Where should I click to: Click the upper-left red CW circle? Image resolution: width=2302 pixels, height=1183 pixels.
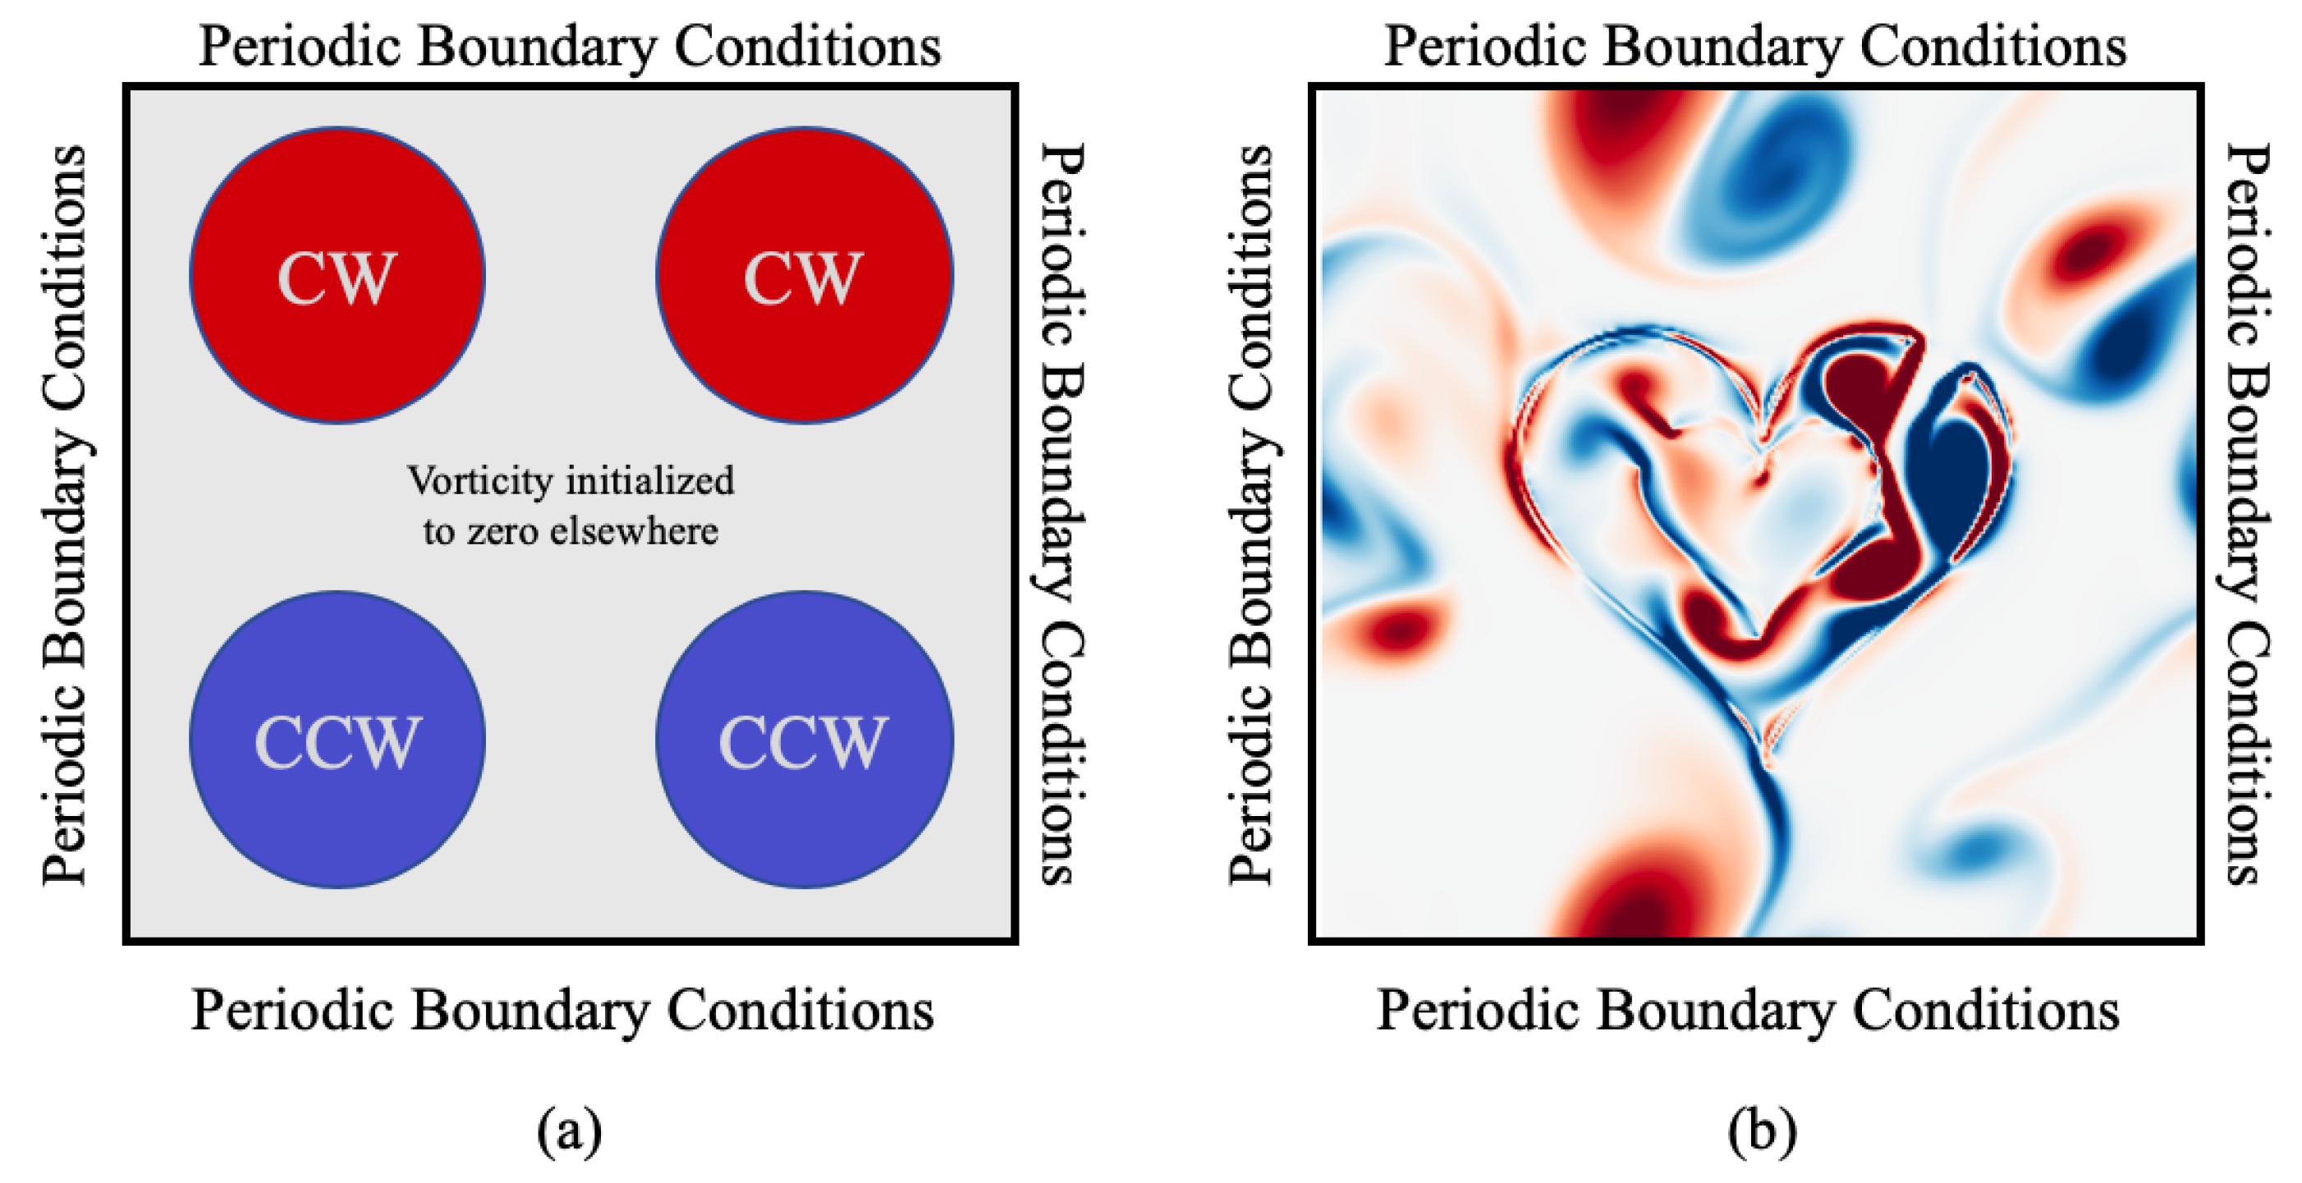click(x=337, y=275)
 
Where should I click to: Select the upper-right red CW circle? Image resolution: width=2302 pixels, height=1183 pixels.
click(x=805, y=275)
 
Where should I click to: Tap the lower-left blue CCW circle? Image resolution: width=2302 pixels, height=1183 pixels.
click(x=337, y=740)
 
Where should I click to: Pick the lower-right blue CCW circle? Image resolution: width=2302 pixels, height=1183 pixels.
click(x=805, y=740)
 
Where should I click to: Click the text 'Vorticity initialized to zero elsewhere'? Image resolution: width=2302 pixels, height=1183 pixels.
click(x=570, y=506)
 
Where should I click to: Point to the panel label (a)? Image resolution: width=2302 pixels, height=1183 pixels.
click(x=569, y=1131)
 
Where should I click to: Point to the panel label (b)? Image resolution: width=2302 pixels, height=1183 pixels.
click(x=1761, y=1131)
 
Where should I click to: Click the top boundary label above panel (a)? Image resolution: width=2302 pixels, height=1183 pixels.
click(x=569, y=47)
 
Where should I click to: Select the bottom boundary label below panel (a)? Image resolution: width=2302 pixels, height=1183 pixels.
click(x=563, y=1011)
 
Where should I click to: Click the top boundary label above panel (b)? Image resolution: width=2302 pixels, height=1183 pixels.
click(x=1755, y=47)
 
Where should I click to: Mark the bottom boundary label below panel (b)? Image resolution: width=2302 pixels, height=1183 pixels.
click(x=1748, y=1011)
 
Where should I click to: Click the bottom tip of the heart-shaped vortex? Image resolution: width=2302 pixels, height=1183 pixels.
click(x=1766, y=759)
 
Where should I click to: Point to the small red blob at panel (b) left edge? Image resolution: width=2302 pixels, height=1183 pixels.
click(x=1399, y=630)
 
